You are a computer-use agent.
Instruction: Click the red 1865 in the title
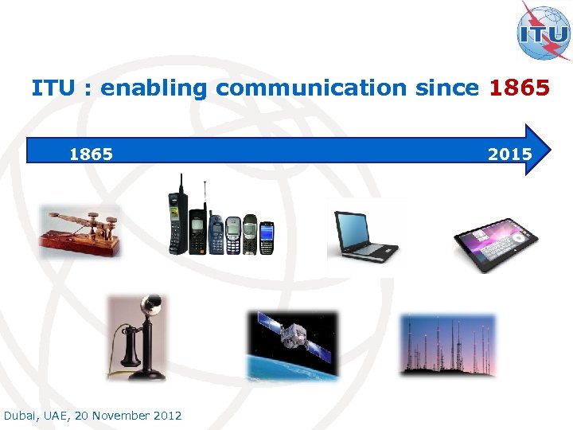pos(520,88)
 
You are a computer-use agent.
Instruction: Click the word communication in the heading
pos(311,88)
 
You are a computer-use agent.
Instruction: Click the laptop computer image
pos(364,234)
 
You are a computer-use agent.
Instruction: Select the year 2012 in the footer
pos(166,416)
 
